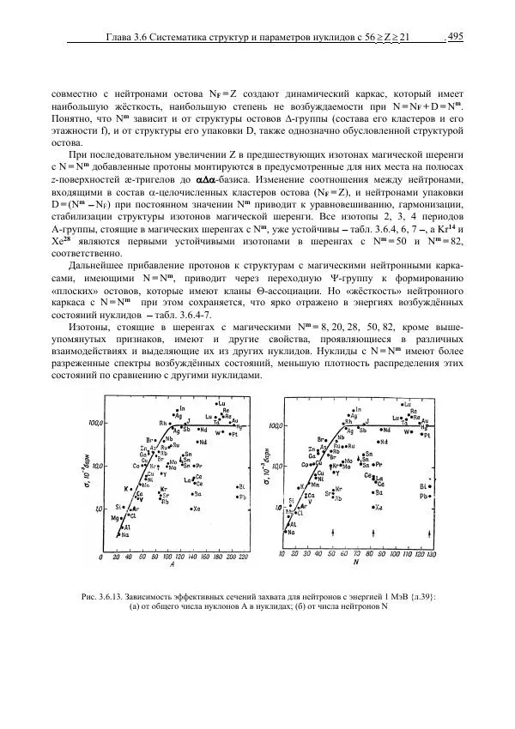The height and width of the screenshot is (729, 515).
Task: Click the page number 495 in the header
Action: (x=456, y=36)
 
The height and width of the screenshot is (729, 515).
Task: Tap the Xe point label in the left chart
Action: (x=197, y=509)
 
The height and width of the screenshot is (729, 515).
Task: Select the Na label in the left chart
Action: (x=126, y=535)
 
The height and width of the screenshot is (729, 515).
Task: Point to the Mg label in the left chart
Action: (x=118, y=519)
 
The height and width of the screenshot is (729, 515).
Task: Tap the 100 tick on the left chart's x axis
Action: (x=168, y=556)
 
